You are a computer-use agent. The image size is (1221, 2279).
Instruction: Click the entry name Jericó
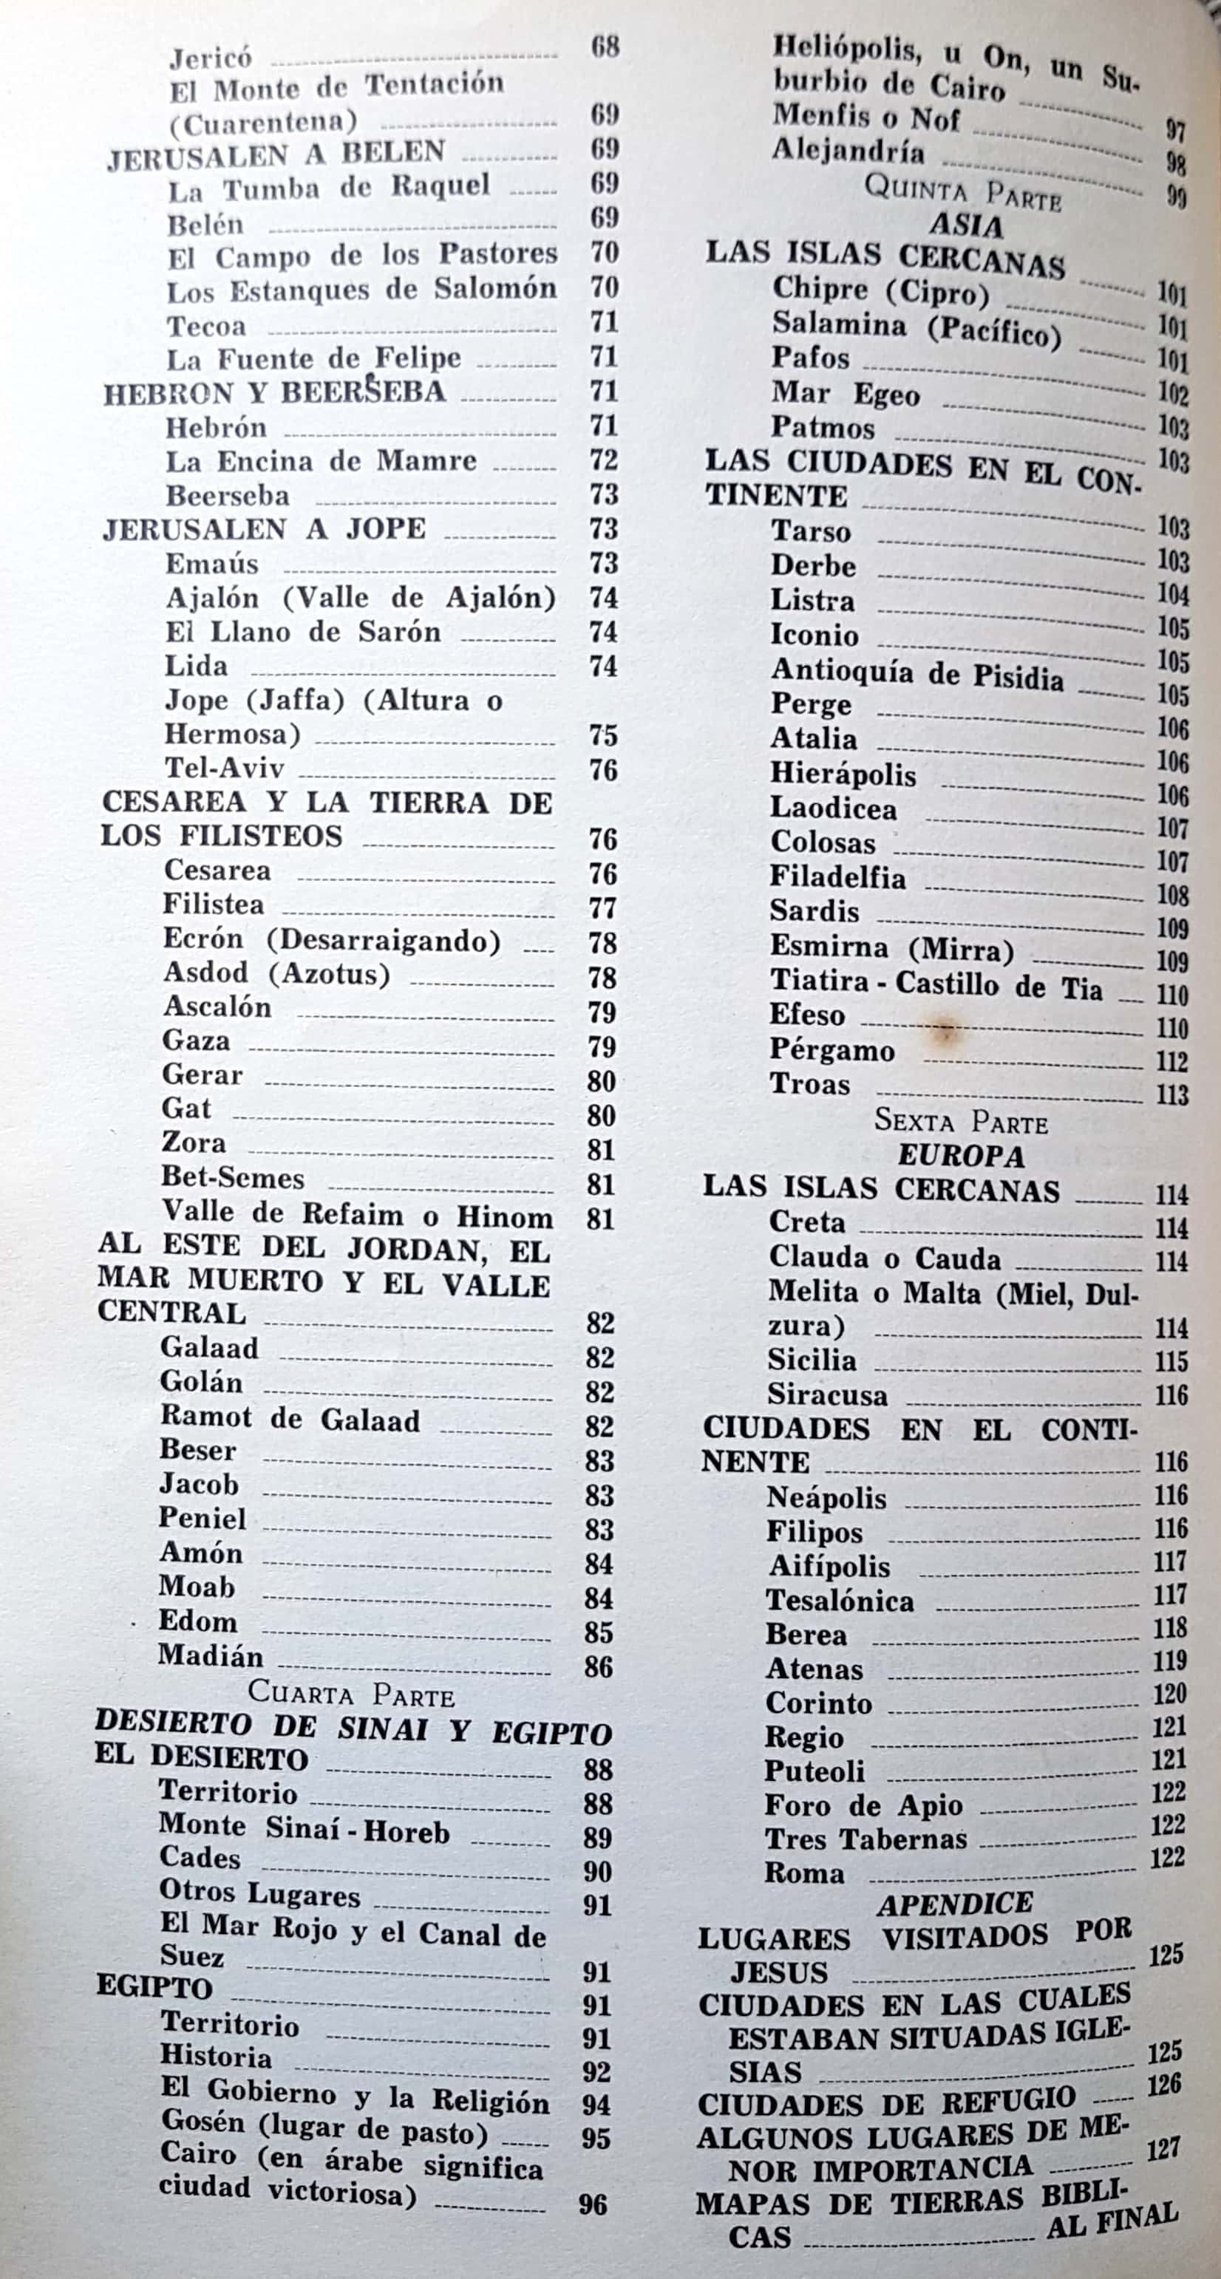click(211, 58)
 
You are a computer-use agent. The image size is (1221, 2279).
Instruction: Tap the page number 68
click(605, 46)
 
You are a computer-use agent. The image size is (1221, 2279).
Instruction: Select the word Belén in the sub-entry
click(205, 225)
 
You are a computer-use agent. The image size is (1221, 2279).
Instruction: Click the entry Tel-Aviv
click(224, 768)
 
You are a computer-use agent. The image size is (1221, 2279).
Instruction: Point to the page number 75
click(603, 735)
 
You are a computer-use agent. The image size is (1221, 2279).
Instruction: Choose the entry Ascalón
click(217, 1006)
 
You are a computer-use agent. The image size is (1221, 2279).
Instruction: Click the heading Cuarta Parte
click(351, 1693)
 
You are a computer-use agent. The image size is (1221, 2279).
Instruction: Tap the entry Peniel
click(203, 1518)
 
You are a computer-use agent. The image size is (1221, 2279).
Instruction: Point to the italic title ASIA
click(966, 226)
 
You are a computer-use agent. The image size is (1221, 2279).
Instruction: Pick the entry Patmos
click(823, 427)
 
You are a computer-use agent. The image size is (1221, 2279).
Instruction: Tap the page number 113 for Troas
click(1171, 1095)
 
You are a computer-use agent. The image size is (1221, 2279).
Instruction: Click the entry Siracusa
click(827, 1395)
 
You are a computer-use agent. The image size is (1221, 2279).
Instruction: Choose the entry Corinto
click(818, 1703)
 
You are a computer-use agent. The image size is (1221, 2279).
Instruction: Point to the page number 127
click(1163, 2148)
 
